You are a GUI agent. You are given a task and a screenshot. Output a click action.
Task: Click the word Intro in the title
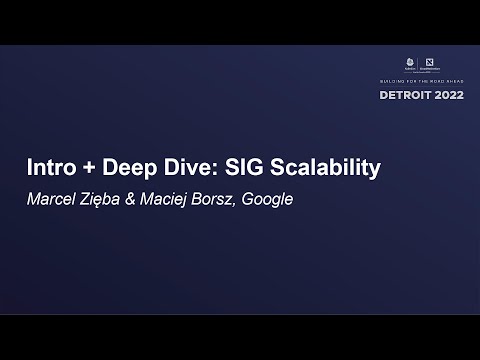tap(50, 168)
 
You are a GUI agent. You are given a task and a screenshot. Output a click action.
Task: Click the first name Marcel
tap(50, 198)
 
